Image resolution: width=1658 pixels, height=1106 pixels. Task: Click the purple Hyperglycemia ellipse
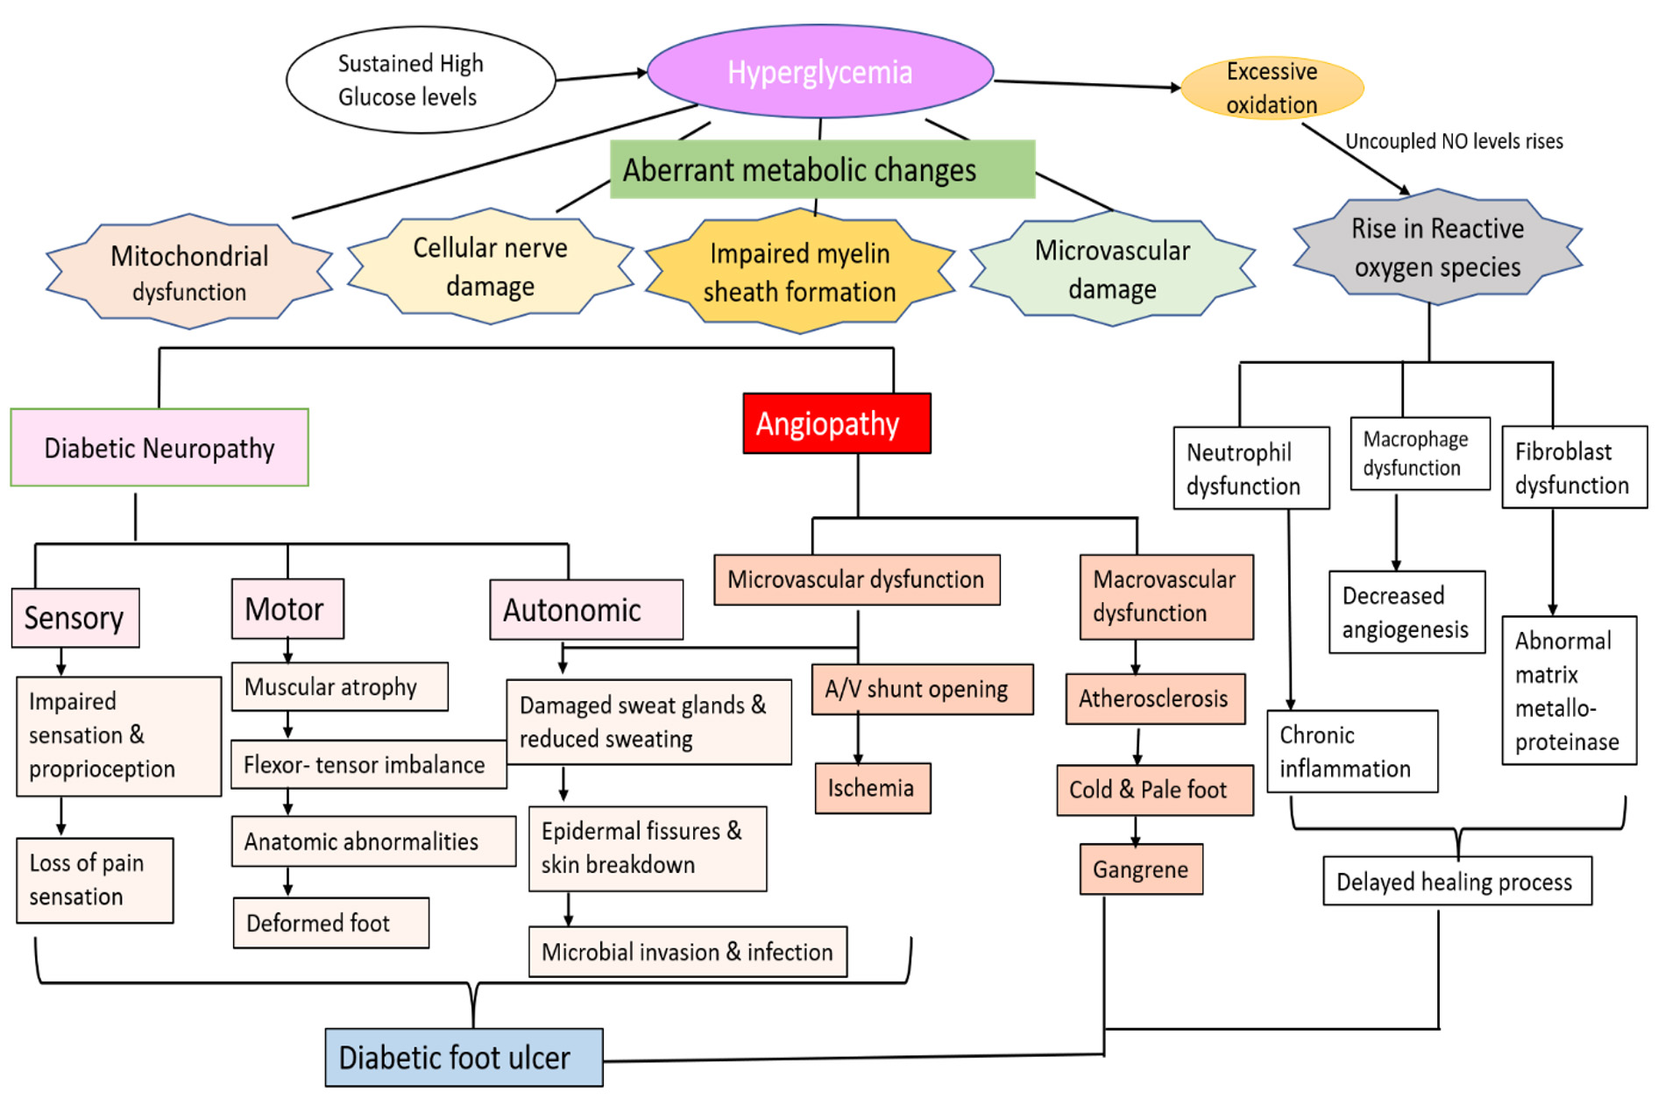(819, 72)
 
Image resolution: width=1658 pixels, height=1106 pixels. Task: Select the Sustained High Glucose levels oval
(420, 80)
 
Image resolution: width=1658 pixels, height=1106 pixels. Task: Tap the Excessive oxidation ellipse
(1272, 88)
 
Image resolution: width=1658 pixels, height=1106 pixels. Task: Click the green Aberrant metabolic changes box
(822, 169)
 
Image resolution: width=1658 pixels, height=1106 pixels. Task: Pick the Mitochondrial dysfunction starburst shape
(189, 273)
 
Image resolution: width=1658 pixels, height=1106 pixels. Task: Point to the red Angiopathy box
(836, 423)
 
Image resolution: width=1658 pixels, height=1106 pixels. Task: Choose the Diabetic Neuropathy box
(159, 448)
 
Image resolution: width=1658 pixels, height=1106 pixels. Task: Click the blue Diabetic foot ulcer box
(464, 1057)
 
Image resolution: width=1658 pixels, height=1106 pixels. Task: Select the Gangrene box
(1140, 869)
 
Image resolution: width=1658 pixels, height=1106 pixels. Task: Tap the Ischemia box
(872, 788)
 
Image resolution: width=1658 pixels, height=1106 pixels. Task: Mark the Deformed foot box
(330, 923)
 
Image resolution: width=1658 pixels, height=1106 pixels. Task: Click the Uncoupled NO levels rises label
(1454, 141)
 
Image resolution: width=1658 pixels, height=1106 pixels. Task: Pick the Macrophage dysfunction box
(1419, 453)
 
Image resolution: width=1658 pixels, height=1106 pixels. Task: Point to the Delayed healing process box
(1456, 881)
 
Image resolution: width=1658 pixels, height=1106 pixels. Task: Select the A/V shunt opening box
(922, 689)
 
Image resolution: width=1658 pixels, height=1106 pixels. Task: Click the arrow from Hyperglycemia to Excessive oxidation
(1087, 84)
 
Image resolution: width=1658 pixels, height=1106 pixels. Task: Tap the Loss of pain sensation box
(95, 880)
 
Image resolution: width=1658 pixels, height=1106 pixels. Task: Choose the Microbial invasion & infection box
(687, 952)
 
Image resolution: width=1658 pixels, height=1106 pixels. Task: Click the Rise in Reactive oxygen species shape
(1437, 247)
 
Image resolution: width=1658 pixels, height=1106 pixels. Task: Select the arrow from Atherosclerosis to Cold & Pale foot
(1137, 745)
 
